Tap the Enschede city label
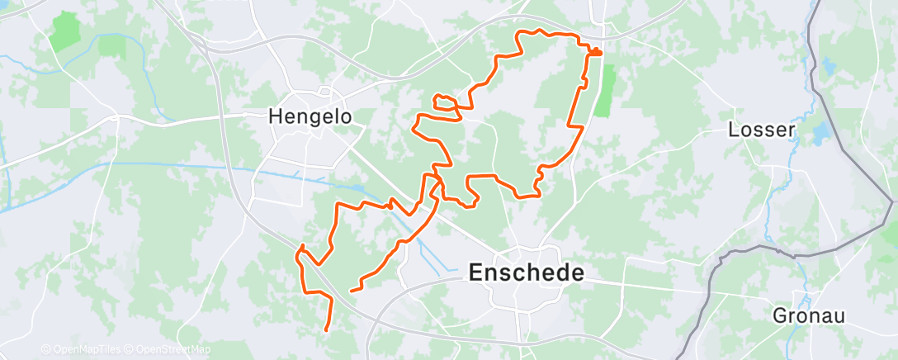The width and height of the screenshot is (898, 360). (526, 272)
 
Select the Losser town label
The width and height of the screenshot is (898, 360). (761, 130)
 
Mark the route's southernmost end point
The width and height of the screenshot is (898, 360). (328, 329)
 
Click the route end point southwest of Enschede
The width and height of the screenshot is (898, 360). (352, 291)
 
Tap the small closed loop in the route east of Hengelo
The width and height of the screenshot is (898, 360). (445, 102)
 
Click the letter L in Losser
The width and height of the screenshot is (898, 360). (733, 130)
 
